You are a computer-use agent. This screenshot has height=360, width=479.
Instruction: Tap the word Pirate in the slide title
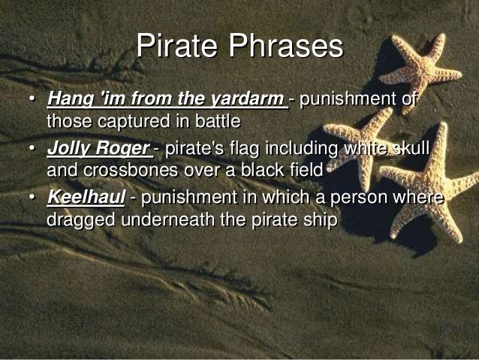(175, 47)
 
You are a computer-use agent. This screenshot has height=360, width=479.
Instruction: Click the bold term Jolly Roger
(96, 149)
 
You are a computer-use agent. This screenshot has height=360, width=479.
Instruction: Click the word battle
(216, 120)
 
